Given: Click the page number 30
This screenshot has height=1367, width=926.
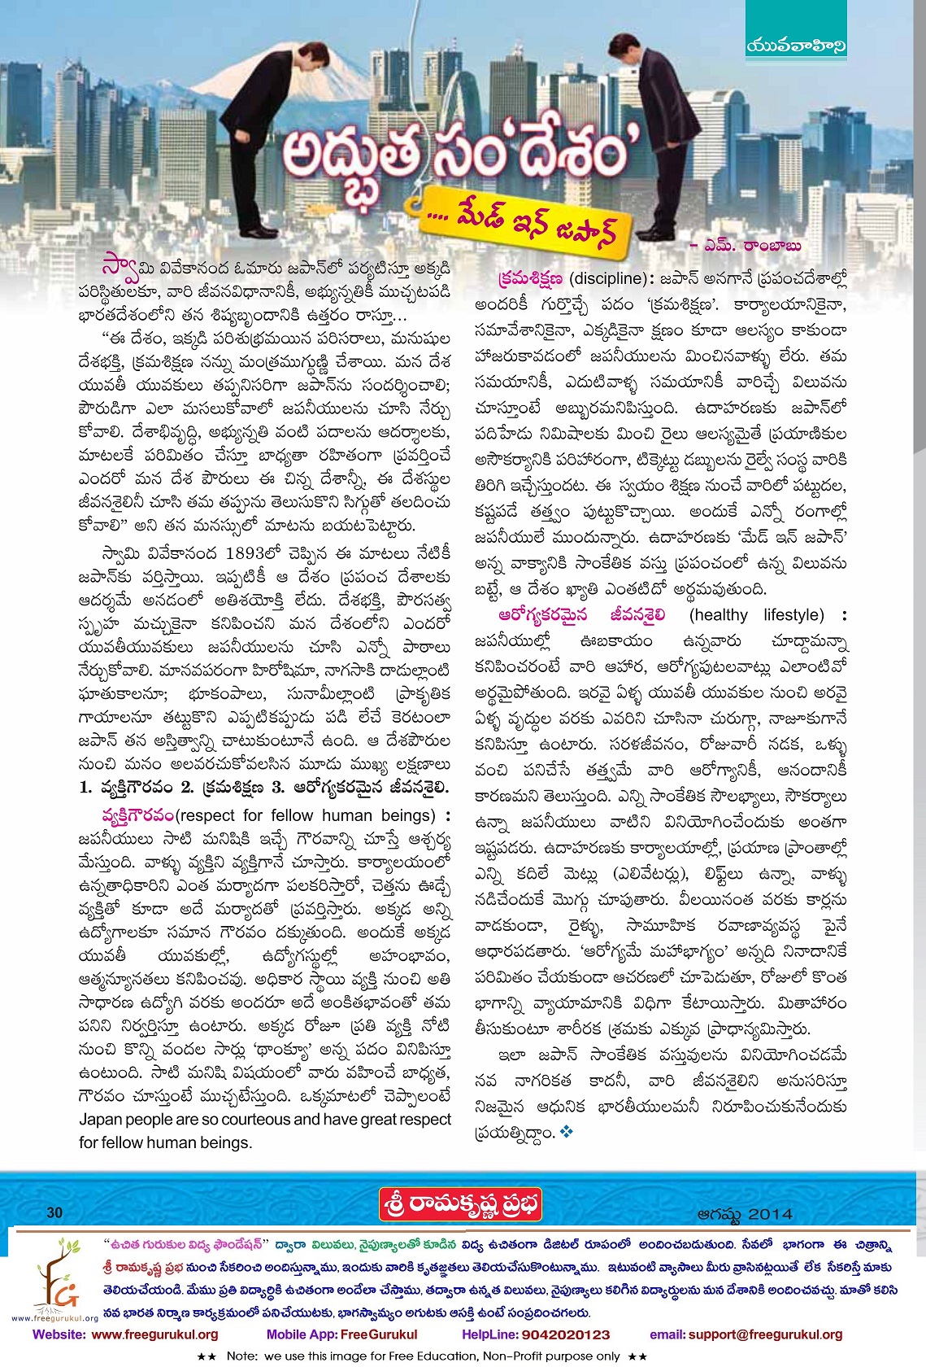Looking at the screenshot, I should (x=54, y=1212).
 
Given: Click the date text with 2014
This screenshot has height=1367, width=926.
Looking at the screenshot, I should (x=744, y=1214).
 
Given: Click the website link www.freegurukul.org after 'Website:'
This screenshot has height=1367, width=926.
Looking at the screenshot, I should (x=154, y=1334).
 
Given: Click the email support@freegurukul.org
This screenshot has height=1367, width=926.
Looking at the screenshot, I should (x=765, y=1334).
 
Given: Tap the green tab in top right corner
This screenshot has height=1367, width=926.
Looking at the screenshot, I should (x=795, y=47).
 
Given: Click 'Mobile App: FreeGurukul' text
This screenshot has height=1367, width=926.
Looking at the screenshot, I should (x=341, y=1334).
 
